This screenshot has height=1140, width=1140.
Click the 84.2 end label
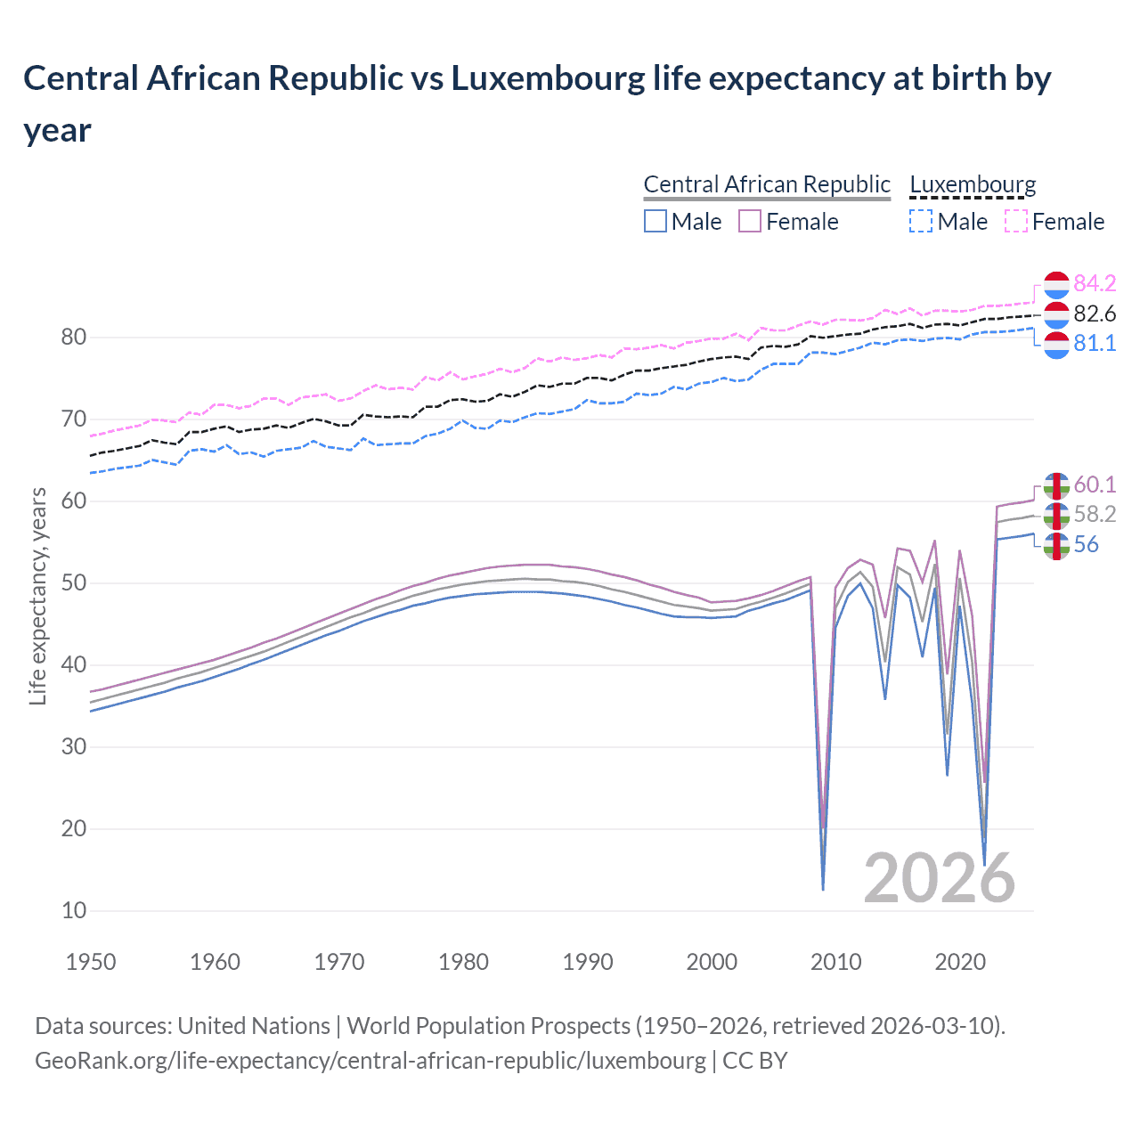tap(1095, 283)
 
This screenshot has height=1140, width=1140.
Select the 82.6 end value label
tap(1095, 313)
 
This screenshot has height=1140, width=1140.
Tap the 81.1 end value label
tap(1095, 343)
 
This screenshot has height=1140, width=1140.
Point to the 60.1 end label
tap(1095, 484)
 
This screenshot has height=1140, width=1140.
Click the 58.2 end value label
tap(1095, 514)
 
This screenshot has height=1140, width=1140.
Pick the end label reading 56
tap(1086, 544)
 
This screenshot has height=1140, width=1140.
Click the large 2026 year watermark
tap(939, 878)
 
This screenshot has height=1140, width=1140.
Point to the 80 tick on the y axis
tap(74, 337)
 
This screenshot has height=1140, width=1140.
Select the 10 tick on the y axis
tap(74, 910)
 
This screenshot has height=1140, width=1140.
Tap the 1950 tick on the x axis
tap(91, 962)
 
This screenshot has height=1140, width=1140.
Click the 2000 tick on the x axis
tap(712, 962)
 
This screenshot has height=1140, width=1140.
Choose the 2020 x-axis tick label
tap(960, 962)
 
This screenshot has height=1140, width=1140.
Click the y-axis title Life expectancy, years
tap(37, 597)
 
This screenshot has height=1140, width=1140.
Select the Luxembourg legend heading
tap(973, 184)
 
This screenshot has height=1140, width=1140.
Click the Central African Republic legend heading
tap(767, 184)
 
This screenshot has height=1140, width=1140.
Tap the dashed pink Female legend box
tap(1016, 221)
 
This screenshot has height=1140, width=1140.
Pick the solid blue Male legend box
tap(655, 221)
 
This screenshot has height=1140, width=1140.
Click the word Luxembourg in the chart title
tap(548, 78)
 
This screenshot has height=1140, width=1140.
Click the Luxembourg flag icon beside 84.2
tap(1056, 284)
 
